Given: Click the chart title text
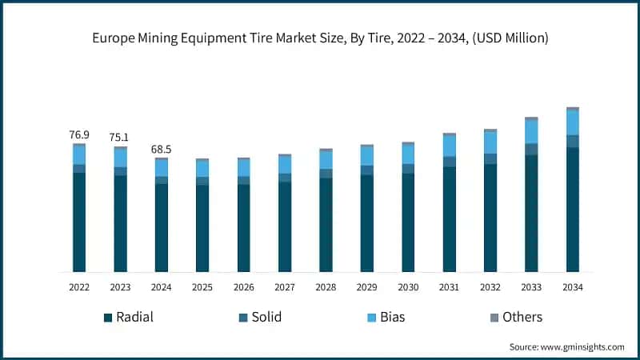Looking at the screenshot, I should [x=320, y=38].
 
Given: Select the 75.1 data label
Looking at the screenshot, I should [x=120, y=137].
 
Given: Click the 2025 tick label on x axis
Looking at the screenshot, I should [x=202, y=287].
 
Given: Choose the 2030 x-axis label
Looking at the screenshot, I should [x=408, y=287].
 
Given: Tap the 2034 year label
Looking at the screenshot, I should [x=573, y=287].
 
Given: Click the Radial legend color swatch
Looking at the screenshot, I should [x=107, y=318].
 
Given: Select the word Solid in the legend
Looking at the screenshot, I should [x=266, y=318].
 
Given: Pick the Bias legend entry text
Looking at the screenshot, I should [x=393, y=318].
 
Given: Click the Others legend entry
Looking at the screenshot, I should [x=522, y=318].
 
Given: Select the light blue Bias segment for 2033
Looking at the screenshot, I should [x=531, y=131].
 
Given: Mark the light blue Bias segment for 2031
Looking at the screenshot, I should [x=449, y=146].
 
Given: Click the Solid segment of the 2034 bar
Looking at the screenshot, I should [x=573, y=142].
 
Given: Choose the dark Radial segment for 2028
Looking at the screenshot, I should [x=326, y=224].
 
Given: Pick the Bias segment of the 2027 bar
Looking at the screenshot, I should [x=285, y=164].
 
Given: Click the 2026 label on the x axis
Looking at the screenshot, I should [x=243, y=287].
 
